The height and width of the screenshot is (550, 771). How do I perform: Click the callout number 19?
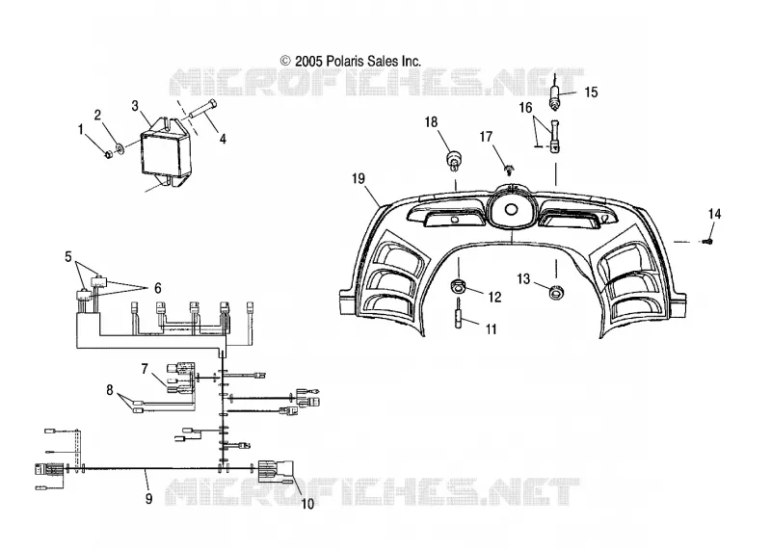[x=359, y=179]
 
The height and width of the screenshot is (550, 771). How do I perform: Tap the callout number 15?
[x=591, y=92]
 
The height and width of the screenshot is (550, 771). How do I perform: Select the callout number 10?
[x=307, y=504]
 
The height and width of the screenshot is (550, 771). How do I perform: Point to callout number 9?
[x=149, y=498]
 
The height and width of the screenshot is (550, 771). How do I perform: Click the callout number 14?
[x=714, y=214]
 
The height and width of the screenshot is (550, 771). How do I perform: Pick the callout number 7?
[x=145, y=369]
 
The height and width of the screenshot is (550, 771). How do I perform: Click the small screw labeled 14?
[x=707, y=242]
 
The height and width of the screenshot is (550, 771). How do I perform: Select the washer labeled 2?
[x=119, y=147]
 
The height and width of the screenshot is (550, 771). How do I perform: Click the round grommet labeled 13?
[x=557, y=292]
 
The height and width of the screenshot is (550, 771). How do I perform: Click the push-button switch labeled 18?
[x=454, y=161]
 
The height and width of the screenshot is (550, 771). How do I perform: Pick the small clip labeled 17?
[x=509, y=170]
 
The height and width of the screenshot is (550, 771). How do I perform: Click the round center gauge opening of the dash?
[x=511, y=208]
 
